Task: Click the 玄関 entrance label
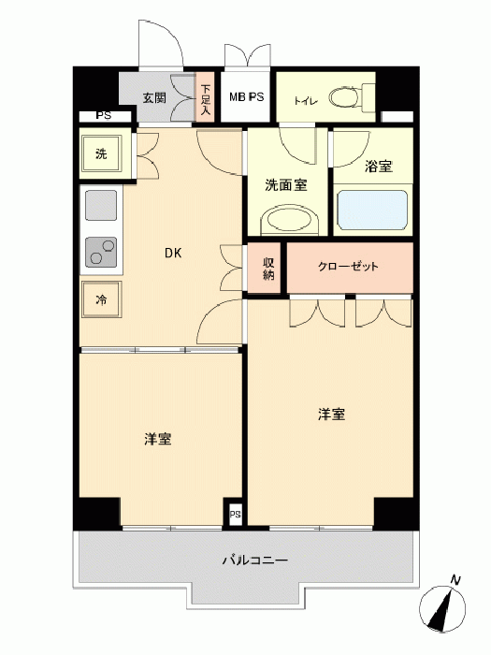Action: [x=154, y=97]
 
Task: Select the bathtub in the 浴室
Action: [x=372, y=211]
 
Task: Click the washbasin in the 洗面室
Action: [x=290, y=219]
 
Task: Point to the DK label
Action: [x=173, y=253]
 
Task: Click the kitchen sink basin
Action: [x=101, y=205]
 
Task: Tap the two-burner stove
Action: [x=101, y=252]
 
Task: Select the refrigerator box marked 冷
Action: [x=101, y=299]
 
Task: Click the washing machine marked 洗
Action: [x=101, y=153]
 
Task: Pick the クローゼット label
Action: [x=348, y=267]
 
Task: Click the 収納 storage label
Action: [x=268, y=269]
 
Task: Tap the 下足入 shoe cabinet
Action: [x=205, y=97]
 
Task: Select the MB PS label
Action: [x=246, y=97]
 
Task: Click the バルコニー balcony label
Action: [x=254, y=560]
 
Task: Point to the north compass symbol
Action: [x=442, y=608]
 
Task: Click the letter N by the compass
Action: [x=456, y=580]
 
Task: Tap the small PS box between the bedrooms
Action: [x=235, y=514]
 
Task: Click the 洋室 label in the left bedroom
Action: [x=158, y=439]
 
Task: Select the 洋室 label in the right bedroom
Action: [x=331, y=415]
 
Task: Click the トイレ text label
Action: [x=307, y=101]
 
